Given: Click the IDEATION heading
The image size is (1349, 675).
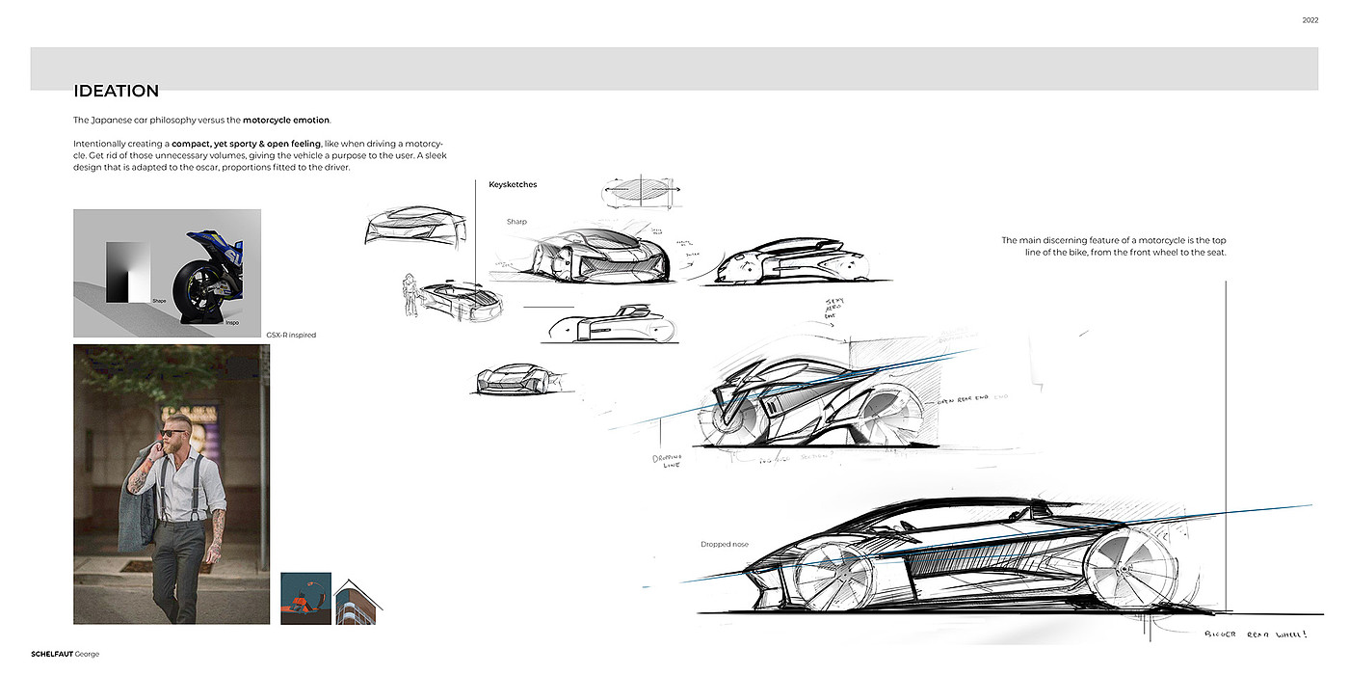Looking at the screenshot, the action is tap(116, 92).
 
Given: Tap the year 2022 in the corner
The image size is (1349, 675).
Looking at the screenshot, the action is tap(1309, 20).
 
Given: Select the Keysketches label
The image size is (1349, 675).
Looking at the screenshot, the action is tap(513, 184).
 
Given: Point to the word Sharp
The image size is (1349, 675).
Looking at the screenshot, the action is tap(516, 222).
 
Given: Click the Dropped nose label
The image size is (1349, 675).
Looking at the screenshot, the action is tap(724, 545).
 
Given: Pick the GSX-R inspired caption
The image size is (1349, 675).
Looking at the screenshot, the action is tap(290, 336).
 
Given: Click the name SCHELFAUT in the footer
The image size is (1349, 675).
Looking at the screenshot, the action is tap(52, 654).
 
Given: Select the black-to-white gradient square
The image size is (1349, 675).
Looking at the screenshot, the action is tap(129, 272).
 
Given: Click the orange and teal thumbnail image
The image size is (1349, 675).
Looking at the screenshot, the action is tap(305, 598).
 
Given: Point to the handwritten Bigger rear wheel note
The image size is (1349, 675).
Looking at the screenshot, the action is tap(1256, 634).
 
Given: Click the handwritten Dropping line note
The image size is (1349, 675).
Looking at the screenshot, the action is tap(667, 460).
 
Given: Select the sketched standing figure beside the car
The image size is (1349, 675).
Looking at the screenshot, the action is tap(410, 295).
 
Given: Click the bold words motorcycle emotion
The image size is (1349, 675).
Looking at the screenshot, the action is tap(286, 121).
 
